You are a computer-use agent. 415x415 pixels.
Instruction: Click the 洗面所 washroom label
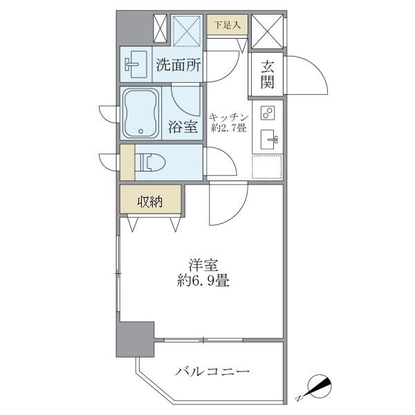(x=179, y=66)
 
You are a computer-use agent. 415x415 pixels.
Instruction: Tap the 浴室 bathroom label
(x=183, y=127)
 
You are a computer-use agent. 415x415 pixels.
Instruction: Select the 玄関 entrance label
(x=267, y=75)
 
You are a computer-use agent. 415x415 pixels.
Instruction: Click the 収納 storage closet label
(x=149, y=202)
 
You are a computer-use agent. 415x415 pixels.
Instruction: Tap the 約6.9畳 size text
(x=203, y=282)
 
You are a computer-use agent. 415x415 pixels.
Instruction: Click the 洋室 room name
(x=203, y=264)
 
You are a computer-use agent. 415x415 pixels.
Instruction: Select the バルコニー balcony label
(x=212, y=372)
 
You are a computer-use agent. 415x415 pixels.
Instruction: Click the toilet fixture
(x=153, y=162)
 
